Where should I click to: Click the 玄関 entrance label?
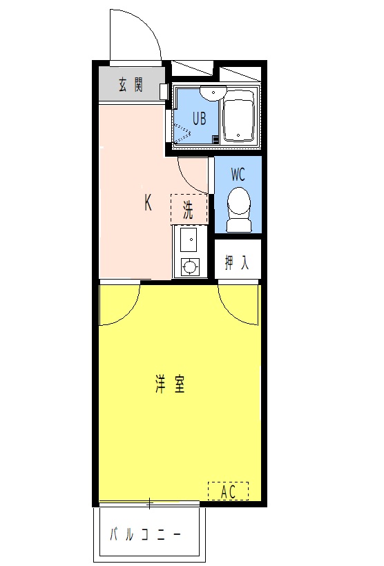pyautogui.click(x=130, y=85)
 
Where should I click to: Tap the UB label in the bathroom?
pyautogui.click(x=199, y=118)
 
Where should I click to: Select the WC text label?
pyautogui.click(x=238, y=173)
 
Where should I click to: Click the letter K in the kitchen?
pyautogui.click(x=148, y=203)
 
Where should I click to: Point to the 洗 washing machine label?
pyautogui.click(x=189, y=209)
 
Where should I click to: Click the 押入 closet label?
pyautogui.click(x=237, y=262)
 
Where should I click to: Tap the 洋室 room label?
pyautogui.click(x=170, y=384)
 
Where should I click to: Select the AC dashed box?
pyautogui.click(x=228, y=491)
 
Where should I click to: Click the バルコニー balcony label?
pyautogui.click(x=146, y=535)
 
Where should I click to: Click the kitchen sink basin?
pyautogui.click(x=189, y=241)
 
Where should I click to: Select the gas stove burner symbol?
pyautogui.click(x=189, y=266)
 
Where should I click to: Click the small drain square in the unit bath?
pyautogui.click(x=215, y=139)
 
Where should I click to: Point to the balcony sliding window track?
pyautogui.click(x=148, y=502)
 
